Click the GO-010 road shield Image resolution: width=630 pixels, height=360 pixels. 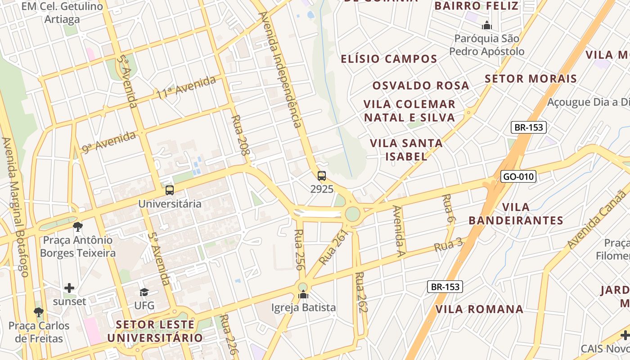tap(519, 176)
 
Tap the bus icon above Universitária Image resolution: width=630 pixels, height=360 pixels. tap(170, 190)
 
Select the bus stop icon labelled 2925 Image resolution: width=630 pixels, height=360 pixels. tap(322, 176)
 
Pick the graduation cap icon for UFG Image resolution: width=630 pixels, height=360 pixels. tap(144, 292)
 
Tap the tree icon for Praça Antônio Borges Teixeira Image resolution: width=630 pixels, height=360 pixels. tap(78, 226)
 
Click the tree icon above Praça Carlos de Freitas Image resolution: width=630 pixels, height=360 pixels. tap(39, 312)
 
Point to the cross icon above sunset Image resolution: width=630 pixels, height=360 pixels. tap(69, 288)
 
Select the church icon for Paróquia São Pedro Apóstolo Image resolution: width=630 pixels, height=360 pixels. tap(486, 26)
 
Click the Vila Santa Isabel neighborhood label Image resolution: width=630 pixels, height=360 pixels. tap(406, 150)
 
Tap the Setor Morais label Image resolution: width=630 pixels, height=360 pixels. tap(531, 79)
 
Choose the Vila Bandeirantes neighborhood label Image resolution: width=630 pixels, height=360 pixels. tap(516, 214)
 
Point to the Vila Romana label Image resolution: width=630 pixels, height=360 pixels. tap(479, 309)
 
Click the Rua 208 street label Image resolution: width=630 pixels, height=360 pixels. tap(240, 135)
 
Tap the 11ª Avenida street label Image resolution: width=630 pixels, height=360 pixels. tap(186, 87)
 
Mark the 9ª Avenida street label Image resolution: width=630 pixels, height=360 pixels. tap(109, 142)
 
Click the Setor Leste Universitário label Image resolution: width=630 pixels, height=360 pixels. tap(155, 331)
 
